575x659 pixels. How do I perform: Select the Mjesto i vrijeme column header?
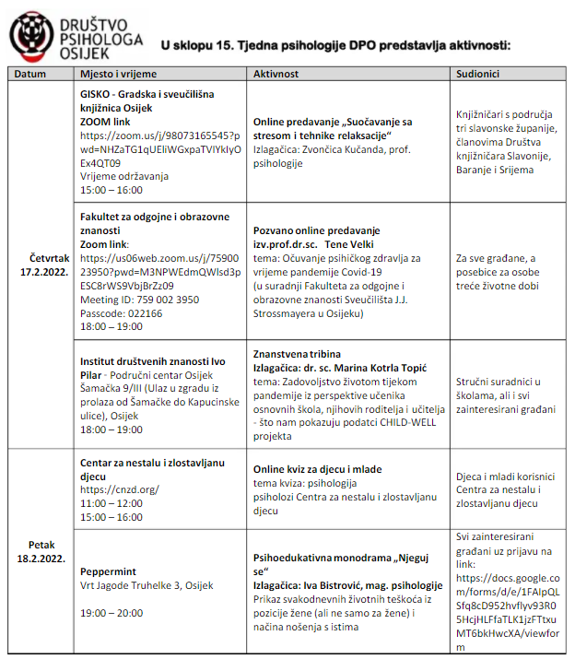click(119, 73)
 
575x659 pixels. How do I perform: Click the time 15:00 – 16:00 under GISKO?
click(111, 190)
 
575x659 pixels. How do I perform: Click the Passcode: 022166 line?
click(119, 313)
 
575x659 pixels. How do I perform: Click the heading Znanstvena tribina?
click(297, 354)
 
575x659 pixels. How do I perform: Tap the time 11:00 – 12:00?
click(111, 503)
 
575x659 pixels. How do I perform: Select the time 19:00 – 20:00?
click(111, 612)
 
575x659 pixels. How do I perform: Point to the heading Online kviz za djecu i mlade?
click(317, 469)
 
